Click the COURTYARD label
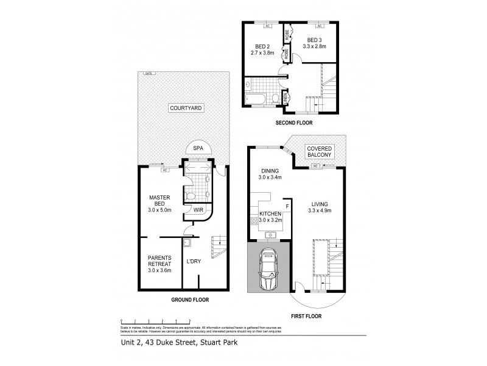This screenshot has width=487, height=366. pyautogui.click(x=186, y=108)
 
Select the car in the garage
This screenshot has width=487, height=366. pyautogui.click(x=268, y=270)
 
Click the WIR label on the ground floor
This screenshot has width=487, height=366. pyautogui.click(x=197, y=210)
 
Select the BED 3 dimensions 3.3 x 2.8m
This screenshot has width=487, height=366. pyautogui.click(x=315, y=46)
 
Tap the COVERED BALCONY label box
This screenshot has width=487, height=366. pyautogui.click(x=320, y=152)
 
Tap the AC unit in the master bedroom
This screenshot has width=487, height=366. pyautogui.click(x=164, y=170)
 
